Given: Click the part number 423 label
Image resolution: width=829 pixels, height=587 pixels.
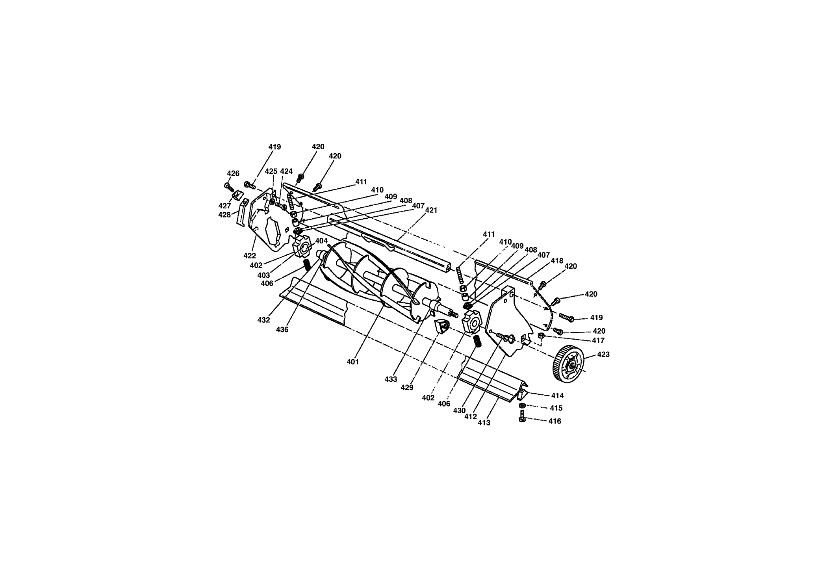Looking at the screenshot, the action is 603,355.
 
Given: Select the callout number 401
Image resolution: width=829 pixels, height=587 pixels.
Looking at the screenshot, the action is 352,362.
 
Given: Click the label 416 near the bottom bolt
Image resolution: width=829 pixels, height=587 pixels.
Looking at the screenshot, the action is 555,421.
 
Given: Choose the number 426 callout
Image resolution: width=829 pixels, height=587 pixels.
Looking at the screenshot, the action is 233,173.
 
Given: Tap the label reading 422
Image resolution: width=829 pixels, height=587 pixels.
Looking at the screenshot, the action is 250,256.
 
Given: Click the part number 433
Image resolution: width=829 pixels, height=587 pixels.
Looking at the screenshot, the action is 391,379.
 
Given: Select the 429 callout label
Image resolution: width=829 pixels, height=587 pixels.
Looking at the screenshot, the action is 407,388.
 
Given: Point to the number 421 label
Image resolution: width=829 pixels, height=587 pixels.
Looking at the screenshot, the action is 431,210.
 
